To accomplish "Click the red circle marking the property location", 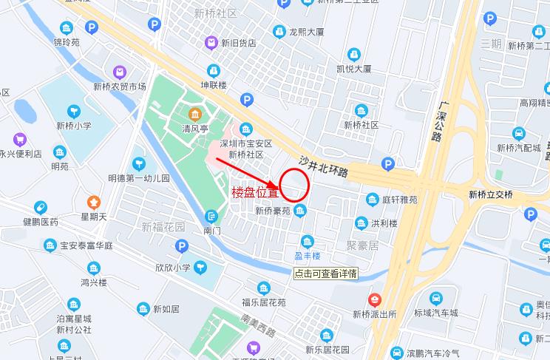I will (294, 185).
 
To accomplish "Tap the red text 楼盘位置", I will (255, 193).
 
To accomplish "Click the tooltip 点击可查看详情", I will (325, 273).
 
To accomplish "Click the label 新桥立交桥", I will (490, 194).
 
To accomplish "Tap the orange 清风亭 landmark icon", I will (196, 115).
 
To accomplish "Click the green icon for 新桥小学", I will (73, 112).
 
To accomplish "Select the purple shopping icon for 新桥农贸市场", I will (120, 72).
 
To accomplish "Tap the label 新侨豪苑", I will (273, 211).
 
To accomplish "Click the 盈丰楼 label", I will (307, 256).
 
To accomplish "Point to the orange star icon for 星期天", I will (94, 202).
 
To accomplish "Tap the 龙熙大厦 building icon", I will (279, 31).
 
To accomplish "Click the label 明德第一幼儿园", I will (139, 178).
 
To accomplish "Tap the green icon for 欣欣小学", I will (201, 268).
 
